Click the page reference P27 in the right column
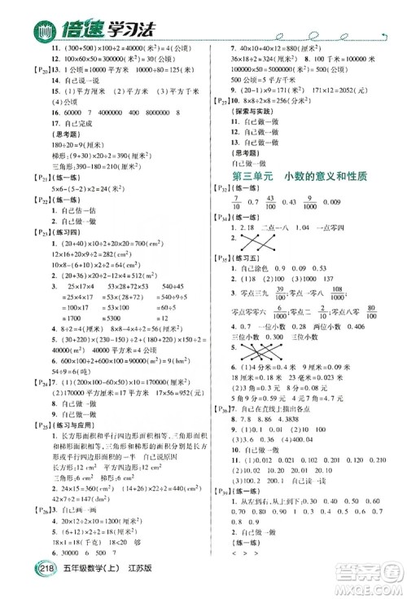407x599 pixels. (x=219, y=95)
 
